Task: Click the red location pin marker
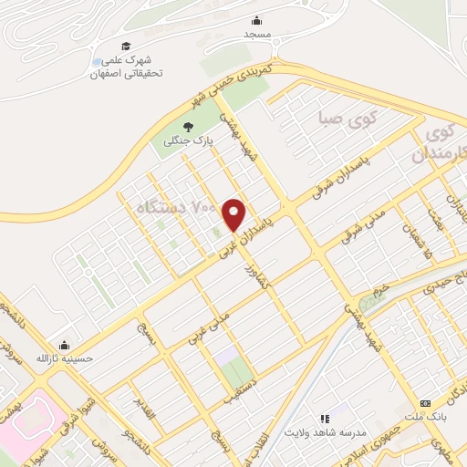pos(234,214)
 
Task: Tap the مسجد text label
pos(257,33)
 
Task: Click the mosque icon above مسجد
pos(257,19)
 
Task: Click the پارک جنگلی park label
pos(188,141)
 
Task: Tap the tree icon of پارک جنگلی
pos(189,127)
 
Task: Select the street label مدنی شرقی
pos(360,223)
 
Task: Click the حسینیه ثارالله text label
pos(64,358)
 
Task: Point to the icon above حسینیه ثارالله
pos(64,346)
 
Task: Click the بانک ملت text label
pos(425,418)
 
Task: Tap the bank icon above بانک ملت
pos(425,403)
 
